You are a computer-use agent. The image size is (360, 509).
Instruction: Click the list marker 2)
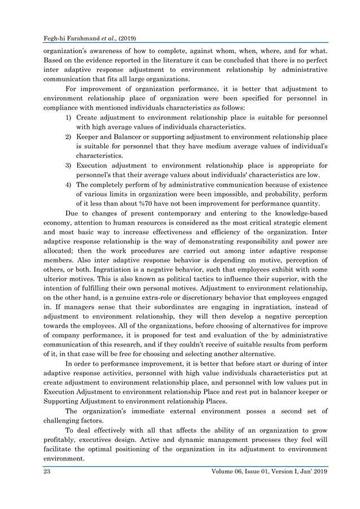(68, 137)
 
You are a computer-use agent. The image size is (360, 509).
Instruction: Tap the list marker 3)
(68, 166)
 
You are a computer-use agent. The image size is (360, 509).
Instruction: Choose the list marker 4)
(68, 185)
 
